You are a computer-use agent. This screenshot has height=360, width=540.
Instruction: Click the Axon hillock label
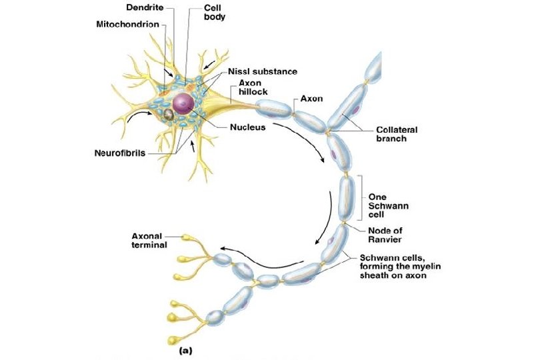click(253, 88)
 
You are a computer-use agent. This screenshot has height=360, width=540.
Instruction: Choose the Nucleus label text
click(247, 127)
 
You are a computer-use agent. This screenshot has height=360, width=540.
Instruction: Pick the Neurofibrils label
click(119, 153)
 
